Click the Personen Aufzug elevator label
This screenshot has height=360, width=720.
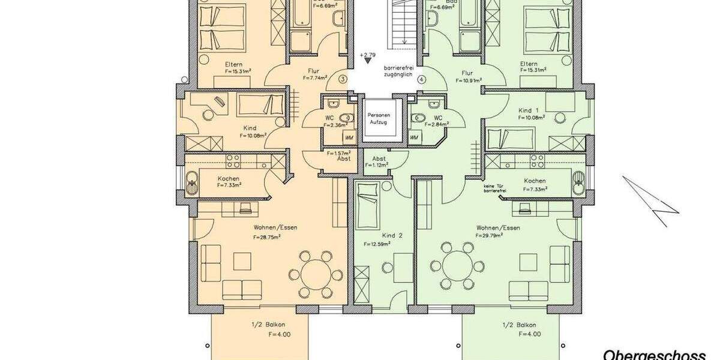[378, 118]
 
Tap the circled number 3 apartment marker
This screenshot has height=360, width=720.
[343, 79]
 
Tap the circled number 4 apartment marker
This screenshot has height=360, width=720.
[421, 79]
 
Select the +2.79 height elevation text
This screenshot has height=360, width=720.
[368, 55]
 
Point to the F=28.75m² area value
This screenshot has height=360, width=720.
[267, 236]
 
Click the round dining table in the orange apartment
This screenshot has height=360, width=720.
[316, 274]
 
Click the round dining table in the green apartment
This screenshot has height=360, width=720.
[459, 265]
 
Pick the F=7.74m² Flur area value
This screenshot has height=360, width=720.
[314, 78]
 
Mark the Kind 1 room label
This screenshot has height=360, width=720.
[528, 110]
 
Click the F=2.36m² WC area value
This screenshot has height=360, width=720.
[333, 125]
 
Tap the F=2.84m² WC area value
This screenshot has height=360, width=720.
[436, 125]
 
